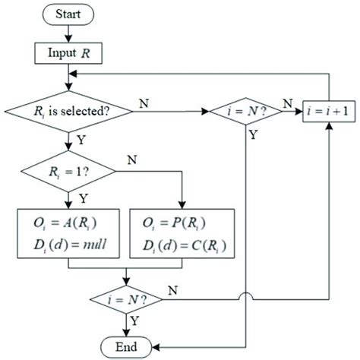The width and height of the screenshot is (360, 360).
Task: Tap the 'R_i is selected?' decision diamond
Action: (70, 111)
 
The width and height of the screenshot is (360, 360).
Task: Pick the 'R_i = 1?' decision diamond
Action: (70, 171)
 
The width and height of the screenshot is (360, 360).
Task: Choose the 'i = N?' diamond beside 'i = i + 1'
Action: (248, 111)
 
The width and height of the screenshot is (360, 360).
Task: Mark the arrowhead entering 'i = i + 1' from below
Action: (328, 128)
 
